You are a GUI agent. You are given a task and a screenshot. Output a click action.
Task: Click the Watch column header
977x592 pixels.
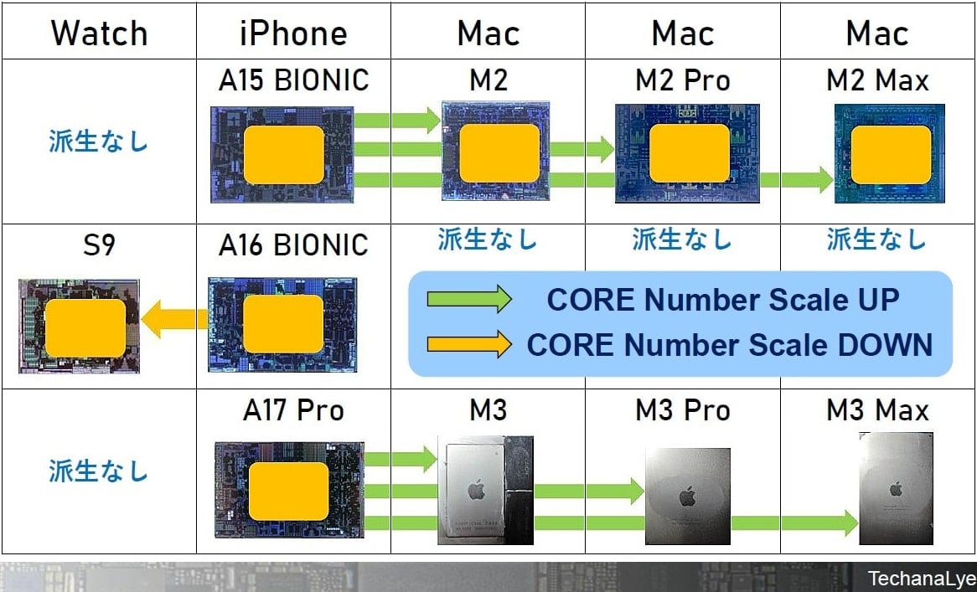tap(99, 33)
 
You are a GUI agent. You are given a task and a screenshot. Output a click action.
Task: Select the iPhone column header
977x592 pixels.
tap(293, 33)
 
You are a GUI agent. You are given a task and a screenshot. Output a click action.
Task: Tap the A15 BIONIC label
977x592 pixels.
tap(293, 81)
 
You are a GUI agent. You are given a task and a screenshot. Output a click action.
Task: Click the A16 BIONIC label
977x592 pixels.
tap(293, 245)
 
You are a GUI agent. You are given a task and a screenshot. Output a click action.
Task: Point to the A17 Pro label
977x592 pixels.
tap(293, 410)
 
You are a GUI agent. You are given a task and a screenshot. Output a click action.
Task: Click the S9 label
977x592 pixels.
tap(99, 245)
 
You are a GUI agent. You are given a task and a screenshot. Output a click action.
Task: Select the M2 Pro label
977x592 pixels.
tap(683, 81)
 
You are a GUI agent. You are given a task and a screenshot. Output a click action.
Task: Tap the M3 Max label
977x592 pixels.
tap(877, 410)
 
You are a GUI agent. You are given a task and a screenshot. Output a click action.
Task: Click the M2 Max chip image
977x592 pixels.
tap(890, 154)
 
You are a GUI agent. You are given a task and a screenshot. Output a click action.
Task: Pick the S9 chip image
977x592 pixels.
tap(79, 327)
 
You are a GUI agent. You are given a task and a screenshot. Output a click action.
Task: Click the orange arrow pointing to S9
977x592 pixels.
tap(174, 319)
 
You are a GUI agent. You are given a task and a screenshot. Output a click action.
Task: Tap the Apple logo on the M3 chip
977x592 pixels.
tap(475, 489)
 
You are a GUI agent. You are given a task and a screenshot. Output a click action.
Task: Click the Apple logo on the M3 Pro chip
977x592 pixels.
tap(687, 497)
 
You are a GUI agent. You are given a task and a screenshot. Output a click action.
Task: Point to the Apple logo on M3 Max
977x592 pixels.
tap(896, 489)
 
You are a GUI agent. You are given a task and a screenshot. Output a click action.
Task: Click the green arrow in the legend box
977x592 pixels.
tap(468, 300)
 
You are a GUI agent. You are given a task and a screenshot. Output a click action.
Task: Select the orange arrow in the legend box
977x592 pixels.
tap(468, 345)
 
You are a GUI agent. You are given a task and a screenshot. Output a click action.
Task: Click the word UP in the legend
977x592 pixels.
tap(874, 300)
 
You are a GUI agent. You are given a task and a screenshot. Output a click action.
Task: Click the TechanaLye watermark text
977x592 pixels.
tap(923, 579)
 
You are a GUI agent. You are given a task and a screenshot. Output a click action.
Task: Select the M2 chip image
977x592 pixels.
tap(495, 151)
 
